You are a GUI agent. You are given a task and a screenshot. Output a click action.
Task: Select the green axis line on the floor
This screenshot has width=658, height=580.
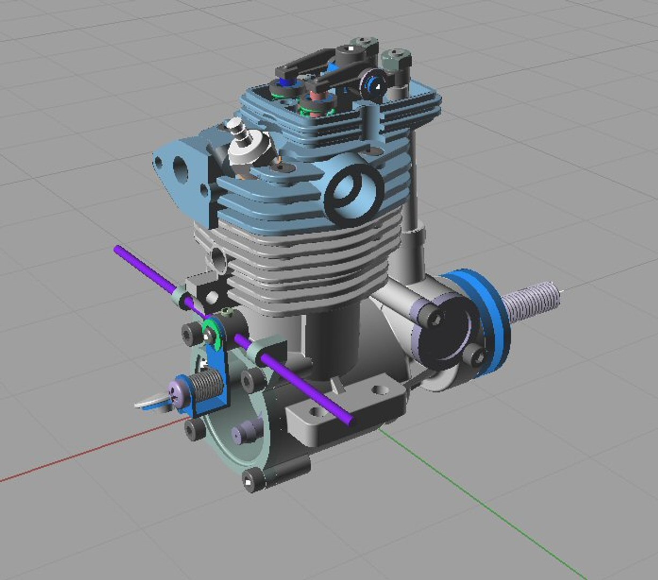tap(483, 505)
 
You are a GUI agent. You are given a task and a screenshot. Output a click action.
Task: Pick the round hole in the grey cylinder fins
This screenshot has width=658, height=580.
tap(220, 259)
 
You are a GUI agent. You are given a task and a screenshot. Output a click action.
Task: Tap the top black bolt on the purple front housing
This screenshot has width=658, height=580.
tap(432, 319)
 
